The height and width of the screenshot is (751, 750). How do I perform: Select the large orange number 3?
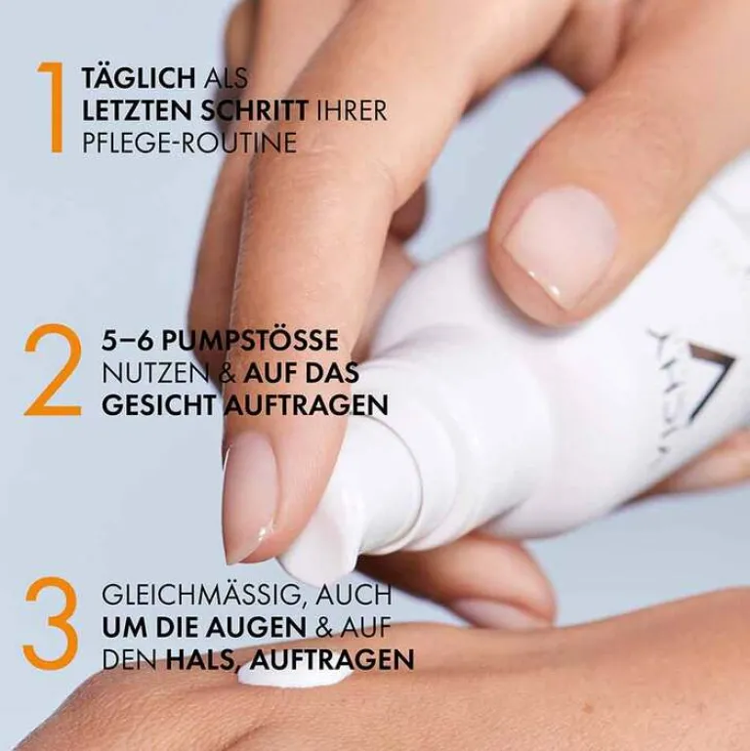(x=50, y=626)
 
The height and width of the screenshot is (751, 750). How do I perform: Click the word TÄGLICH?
(x=142, y=77)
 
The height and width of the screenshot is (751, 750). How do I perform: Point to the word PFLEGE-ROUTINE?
(x=189, y=143)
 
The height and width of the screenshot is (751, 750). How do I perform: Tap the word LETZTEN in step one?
(x=142, y=110)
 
